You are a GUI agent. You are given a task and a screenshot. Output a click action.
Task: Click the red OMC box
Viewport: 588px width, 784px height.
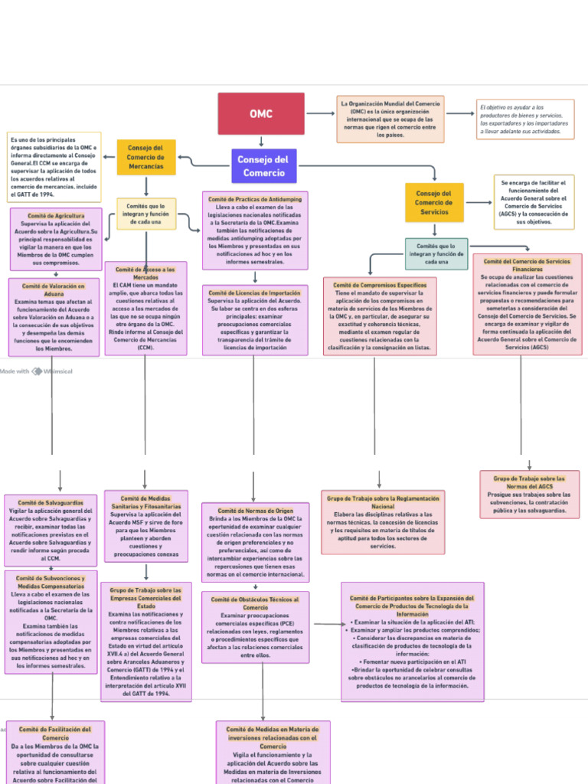(x=260, y=114)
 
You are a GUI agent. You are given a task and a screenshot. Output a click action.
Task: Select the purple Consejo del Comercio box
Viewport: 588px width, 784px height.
(x=263, y=166)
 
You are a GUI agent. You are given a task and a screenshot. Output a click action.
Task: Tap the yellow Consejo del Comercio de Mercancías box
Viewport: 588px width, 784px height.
(x=145, y=157)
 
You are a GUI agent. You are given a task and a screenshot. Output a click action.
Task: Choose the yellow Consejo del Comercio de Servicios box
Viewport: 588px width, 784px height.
(x=434, y=202)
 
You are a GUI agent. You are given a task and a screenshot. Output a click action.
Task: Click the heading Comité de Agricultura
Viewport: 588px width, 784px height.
(x=56, y=216)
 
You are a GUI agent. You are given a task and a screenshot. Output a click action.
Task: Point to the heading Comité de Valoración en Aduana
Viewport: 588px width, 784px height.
(x=54, y=289)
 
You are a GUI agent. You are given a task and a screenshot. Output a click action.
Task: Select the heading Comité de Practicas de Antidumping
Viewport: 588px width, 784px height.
(x=255, y=199)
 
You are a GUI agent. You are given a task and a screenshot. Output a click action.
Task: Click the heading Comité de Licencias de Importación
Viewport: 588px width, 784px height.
(x=255, y=293)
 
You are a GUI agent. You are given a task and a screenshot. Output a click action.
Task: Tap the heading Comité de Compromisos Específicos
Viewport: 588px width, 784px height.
(x=380, y=285)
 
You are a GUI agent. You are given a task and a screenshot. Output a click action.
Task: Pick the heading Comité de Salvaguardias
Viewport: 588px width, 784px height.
(x=51, y=502)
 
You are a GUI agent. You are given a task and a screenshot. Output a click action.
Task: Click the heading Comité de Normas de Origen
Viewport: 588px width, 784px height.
(x=255, y=511)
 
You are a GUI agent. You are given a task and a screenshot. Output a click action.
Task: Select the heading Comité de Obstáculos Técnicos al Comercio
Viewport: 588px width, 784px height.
(x=255, y=603)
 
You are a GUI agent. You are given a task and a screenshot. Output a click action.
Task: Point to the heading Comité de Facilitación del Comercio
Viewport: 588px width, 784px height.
(x=55, y=733)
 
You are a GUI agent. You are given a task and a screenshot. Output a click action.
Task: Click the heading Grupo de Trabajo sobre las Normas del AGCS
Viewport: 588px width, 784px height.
(x=529, y=482)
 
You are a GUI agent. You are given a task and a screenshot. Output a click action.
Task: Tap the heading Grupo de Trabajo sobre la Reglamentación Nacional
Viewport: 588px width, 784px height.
(x=384, y=502)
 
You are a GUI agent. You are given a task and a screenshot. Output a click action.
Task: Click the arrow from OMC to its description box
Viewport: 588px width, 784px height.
(x=320, y=114)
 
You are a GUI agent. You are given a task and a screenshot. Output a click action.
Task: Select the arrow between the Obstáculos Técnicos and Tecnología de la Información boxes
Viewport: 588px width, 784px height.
(x=325, y=624)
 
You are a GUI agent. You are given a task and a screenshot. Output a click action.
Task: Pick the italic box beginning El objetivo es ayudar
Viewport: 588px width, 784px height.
(x=524, y=119)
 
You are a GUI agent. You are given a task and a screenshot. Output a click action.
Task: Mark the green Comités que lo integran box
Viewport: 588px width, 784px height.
(x=436, y=253)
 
